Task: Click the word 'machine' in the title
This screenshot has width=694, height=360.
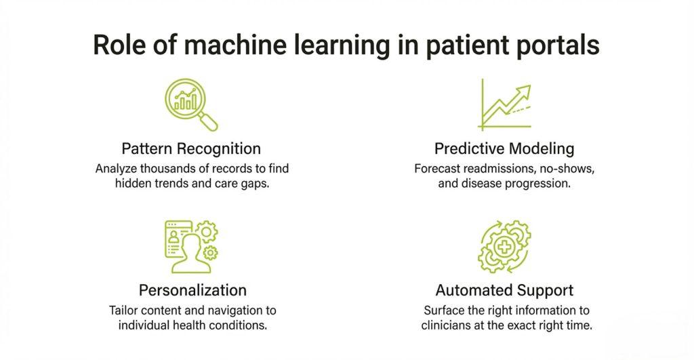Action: click(x=235, y=45)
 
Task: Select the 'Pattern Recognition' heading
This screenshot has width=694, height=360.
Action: click(x=191, y=148)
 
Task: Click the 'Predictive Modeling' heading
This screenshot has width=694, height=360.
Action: click(x=504, y=148)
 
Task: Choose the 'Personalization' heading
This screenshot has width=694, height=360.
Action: click(x=192, y=290)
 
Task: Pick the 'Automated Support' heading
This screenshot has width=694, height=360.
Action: click(x=504, y=290)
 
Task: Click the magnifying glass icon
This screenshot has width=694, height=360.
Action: click(x=191, y=104)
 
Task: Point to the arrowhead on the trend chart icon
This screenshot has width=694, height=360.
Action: click(x=523, y=92)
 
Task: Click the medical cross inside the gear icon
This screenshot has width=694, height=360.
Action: click(x=504, y=247)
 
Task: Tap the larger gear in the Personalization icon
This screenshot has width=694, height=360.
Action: click(x=207, y=231)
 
